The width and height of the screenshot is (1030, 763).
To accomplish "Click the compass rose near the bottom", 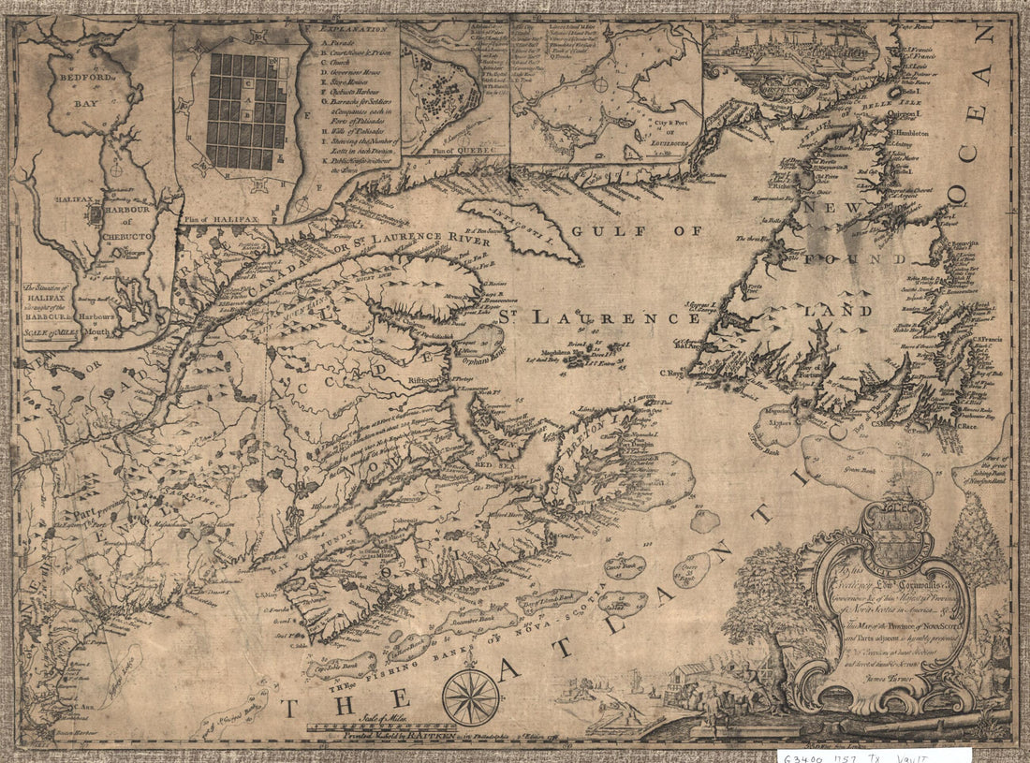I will point(470,697).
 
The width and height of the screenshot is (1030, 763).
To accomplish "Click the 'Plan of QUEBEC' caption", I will point(454,149).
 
